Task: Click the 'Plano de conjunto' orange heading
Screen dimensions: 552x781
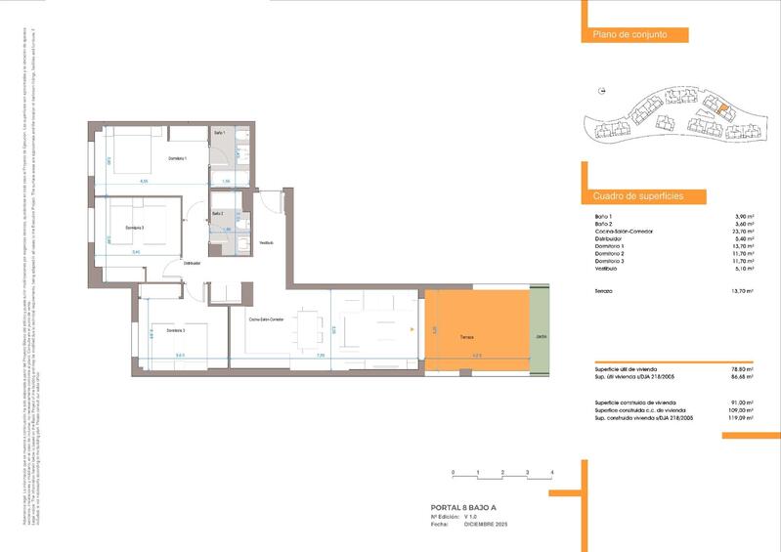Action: (629, 35)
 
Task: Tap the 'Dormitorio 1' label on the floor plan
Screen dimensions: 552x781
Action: (177, 158)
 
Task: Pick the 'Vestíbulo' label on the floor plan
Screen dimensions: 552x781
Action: (266, 243)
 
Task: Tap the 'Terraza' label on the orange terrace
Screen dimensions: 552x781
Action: (468, 338)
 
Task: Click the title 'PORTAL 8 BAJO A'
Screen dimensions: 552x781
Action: (464, 508)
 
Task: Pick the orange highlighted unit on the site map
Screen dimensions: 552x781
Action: (721, 109)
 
